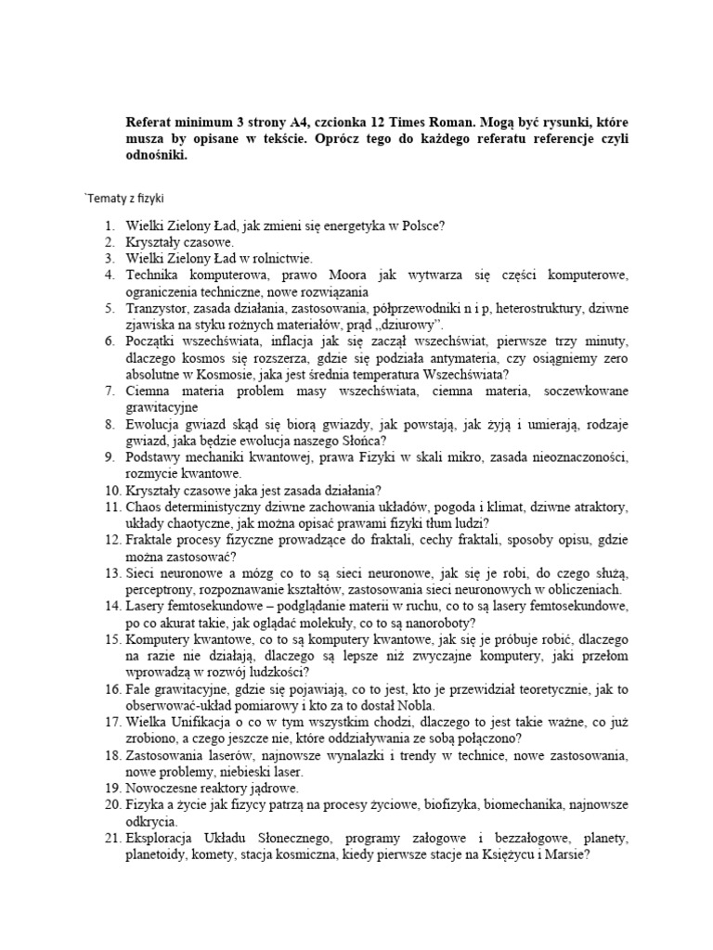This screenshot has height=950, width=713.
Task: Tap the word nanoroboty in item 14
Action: [x=439, y=623]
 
